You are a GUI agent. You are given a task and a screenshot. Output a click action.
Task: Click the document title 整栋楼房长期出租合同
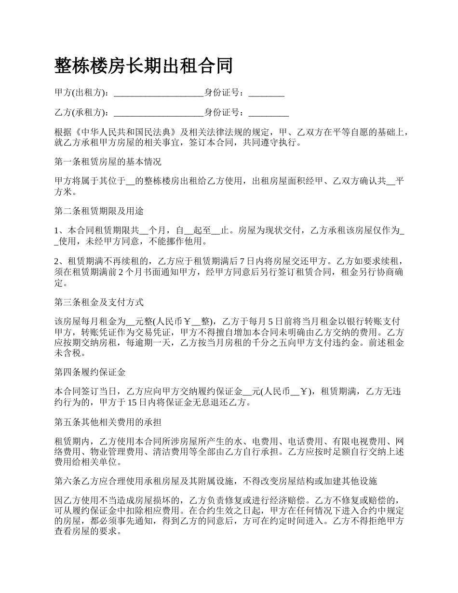point(144,66)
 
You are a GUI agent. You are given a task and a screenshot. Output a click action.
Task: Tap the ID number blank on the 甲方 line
point(266,94)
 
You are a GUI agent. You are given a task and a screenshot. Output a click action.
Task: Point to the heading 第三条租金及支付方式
point(99,302)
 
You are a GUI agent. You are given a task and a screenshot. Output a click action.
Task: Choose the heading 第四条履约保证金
point(90,372)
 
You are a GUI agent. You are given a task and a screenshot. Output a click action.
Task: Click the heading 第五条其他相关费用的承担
point(108,422)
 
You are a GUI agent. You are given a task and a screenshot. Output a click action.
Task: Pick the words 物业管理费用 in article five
point(116,452)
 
